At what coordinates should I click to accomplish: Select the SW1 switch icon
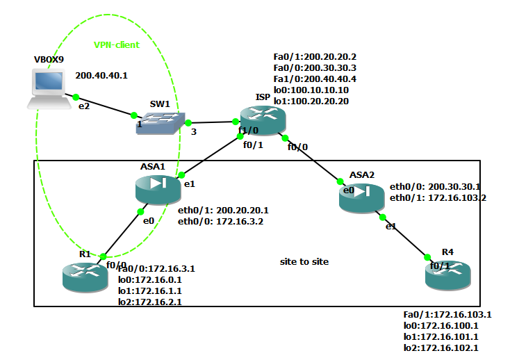pyautogui.click(x=160, y=123)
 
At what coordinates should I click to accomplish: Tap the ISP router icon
pyautogui.click(x=263, y=120)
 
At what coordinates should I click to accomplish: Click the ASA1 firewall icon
pyautogui.click(x=158, y=190)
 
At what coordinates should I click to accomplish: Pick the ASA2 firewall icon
pyautogui.click(x=362, y=198)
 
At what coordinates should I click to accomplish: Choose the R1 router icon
pyautogui.click(x=85, y=277)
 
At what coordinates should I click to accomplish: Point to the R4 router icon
pyautogui.click(x=448, y=275)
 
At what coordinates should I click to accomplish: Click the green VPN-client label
pyautogui.click(x=117, y=44)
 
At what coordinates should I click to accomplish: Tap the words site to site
pyautogui.click(x=304, y=261)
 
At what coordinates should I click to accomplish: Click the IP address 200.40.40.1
pyautogui.click(x=101, y=76)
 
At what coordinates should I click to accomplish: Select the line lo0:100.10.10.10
pyautogui.click(x=311, y=90)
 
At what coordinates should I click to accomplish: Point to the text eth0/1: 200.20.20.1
pyautogui.click(x=223, y=211)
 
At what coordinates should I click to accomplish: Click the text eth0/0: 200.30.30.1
pyautogui.click(x=435, y=187)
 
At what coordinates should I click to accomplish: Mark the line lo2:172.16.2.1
pyautogui.click(x=150, y=302)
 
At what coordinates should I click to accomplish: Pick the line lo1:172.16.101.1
pyautogui.click(x=441, y=337)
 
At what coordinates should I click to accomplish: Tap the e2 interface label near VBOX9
pyautogui.click(x=84, y=106)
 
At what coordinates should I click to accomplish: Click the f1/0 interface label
pyautogui.click(x=248, y=130)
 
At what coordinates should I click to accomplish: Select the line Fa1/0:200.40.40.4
pyautogui.click(x=315, y=79)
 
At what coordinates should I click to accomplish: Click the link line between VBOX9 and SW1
pyautogui.click(x=105, y=106)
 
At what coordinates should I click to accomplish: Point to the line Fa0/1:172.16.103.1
pyautogui.click(x=447, y=314)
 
